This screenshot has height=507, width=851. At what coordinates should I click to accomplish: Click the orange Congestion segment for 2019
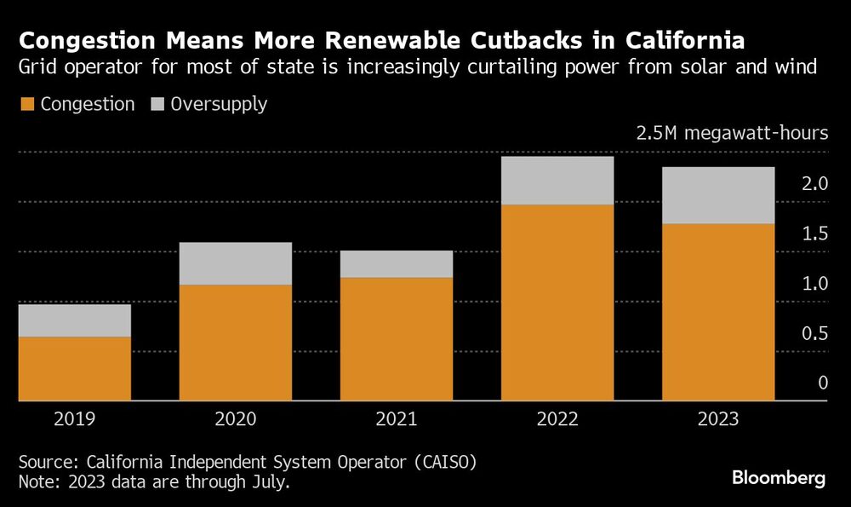coord(74,368)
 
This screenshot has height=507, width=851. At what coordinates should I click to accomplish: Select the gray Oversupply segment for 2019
coord(74,320)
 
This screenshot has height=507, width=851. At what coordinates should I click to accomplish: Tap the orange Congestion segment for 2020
coord(235,342)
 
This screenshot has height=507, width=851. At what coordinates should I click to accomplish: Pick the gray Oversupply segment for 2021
coord(396,264)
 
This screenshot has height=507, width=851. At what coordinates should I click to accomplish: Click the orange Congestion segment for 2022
coord(557,302)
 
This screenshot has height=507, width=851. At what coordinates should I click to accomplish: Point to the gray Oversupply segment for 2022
coord(557,181)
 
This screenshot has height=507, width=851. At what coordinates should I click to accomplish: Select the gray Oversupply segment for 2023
coord(718,195)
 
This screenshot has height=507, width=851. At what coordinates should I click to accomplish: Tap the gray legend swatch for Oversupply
coord(157,105)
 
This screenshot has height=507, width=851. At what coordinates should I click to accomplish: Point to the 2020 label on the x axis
coord(235,419)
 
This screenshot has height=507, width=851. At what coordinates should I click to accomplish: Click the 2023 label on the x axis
coord(718,419)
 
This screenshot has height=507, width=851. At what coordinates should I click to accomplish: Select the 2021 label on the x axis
coord(396,419)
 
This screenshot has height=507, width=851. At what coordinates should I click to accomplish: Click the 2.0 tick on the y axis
coord(814,183)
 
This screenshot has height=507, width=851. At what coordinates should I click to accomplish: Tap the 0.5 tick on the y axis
coord(814,333)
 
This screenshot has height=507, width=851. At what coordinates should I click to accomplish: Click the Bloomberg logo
coord(779,478)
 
